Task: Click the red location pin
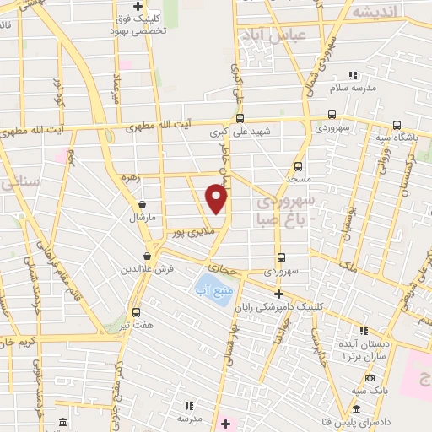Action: pyautogui.click(x=217, y=199)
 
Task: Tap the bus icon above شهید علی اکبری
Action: pyautogui.click(x=240, y=118)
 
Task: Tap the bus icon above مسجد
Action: pyautogui.click(x=298, y=166)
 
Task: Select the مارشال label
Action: pyautogui.click(x=138, y=217)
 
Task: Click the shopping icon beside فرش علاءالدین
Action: pyautogui.click(x=148, y=256)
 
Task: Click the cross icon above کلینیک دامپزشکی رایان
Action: pyautogui.click(x=278, y=293)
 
